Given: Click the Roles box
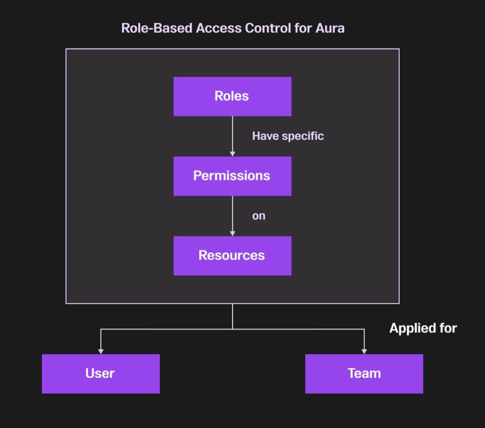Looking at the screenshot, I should point(232,96).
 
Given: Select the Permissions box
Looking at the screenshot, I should point(232,176).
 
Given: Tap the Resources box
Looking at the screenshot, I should point(232,255).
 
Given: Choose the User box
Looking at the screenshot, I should point(101,373).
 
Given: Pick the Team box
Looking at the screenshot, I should point(364,373).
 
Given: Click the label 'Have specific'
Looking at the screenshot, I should point(288,136).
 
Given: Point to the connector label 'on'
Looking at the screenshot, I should point(259,216).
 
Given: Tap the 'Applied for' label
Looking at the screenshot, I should point(423,328).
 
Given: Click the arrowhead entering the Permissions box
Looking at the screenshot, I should point(233,154).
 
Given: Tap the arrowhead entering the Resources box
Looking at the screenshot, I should point(233,233).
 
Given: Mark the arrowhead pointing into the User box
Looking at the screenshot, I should point(101,351).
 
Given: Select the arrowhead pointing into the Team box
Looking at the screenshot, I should point(364,351).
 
